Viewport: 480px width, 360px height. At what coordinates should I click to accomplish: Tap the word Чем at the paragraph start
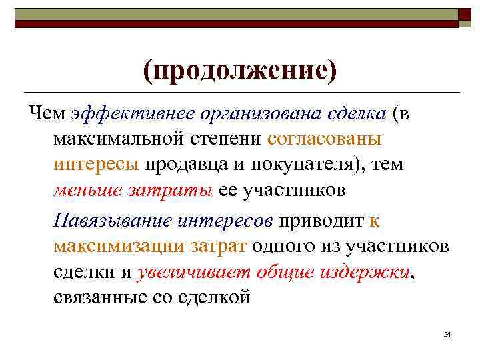pyautogui.click(x=47, y=114)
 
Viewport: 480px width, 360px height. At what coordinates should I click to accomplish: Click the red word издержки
pyautogui.click(x=365, y=271)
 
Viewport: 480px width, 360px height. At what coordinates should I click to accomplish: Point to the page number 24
pyautogui.click(x=447, y=333)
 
